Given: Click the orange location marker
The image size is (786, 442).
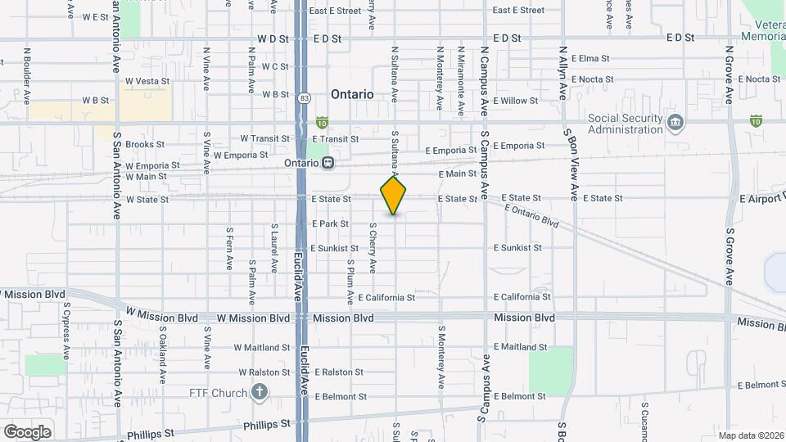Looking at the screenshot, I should pyautogui.click(x=394, y=196).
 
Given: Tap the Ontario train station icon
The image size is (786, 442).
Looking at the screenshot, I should pyautogui.click(x=328, y=163).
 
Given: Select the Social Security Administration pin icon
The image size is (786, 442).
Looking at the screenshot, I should pyautogui.click(x=675, y=124).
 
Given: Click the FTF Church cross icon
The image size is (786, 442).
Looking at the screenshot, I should pyautogui.click(x=260, y=393).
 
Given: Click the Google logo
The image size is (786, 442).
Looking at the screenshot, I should pyautogui.click(x=27, y=431).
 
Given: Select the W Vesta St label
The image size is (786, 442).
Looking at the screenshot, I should pyautogui.click(x=147, y=81).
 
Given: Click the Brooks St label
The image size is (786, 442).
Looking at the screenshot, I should pyautogui.click(x=146, y=144).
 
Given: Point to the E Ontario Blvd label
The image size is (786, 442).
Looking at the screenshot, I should pyautogui.click(x=531, y=216).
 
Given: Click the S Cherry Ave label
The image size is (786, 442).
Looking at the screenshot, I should pyautogui.click(x=373, y=247).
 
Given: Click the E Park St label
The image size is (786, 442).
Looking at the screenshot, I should pyautogui.click(x=331, y=223).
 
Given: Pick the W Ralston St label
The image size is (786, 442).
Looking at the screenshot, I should pyautogui.click(x=262, y=372).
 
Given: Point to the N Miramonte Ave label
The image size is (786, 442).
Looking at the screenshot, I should pyautogui.click(x=461, y=80).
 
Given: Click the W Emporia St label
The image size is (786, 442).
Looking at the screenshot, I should pyautogui.click(x=241, y=154).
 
